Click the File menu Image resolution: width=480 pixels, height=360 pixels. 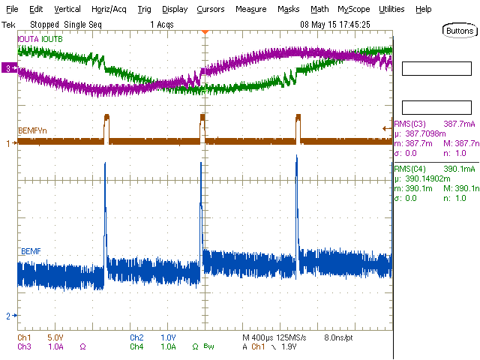tap(12, 10)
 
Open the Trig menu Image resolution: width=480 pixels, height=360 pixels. tap(145, 10)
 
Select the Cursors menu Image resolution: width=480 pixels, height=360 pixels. tap(210, 10)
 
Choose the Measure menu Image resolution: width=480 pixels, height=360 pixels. tap(250, 10)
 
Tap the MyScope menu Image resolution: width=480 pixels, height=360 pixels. tap(353, 10)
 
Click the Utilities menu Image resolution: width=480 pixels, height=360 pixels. tap(391, 10)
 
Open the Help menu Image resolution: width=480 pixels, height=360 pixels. tap(423, 10)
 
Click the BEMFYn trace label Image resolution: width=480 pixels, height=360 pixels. tap(33, 132)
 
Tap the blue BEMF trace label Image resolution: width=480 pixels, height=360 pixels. tap(31, 250)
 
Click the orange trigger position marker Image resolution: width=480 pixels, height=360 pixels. tap(205, 31)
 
